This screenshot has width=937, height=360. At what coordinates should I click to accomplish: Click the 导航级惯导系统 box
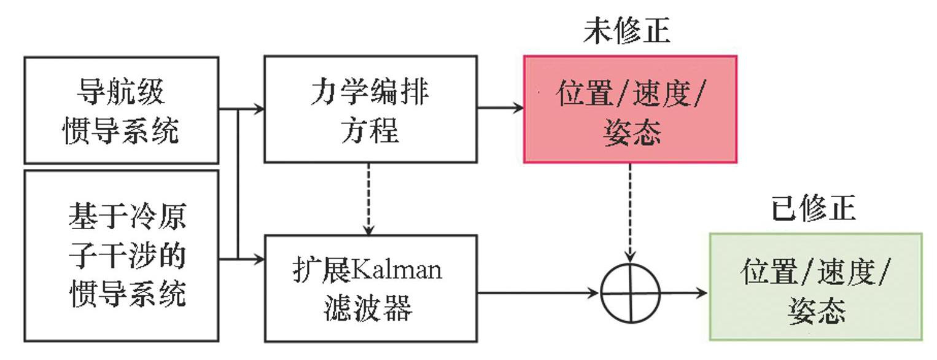[121, 110]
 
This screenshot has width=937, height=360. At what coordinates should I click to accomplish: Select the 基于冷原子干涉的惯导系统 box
[121, 255]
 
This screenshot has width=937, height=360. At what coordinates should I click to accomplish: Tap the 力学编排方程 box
[370, 110]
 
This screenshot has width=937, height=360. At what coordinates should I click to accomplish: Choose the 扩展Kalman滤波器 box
[370, 288]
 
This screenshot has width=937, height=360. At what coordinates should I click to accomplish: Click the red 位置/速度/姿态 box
[630, 110]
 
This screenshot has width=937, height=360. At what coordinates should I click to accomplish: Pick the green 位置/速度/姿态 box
[815, 286]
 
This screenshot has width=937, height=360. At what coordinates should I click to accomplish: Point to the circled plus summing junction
[630, 292]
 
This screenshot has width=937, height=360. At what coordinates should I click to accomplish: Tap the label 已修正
[813, 209]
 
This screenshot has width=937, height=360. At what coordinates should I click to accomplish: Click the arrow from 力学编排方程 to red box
[500, 108]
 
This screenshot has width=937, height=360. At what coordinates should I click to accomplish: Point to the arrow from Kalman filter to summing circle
[538, 292]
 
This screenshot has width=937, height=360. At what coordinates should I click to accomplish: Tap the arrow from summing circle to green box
[684, 292]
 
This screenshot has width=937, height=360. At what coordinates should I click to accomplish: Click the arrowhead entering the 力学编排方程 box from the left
[260, 110]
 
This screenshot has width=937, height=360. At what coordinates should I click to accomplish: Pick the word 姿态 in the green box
[815, 311]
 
